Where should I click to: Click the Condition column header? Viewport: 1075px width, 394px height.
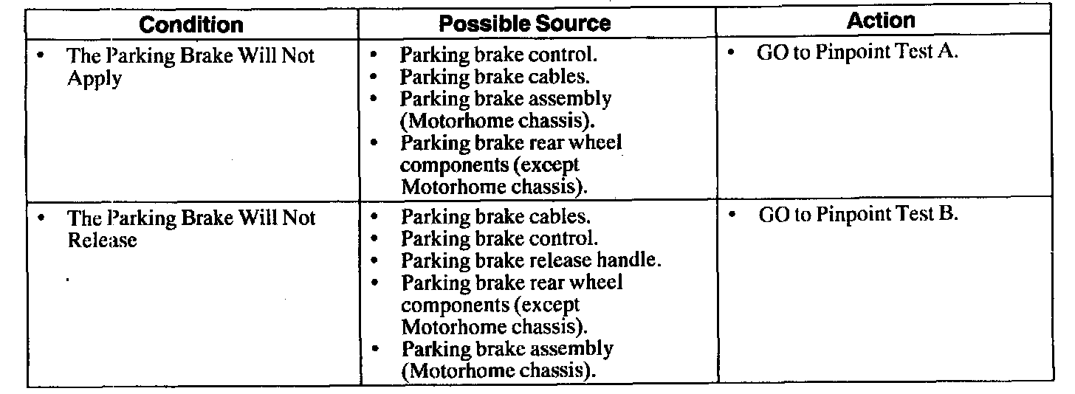click(191, 24)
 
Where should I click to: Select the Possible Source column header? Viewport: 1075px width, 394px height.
click(525, 24)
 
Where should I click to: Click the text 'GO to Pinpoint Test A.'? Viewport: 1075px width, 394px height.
click(857, 54)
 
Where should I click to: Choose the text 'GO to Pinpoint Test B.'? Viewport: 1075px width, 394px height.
click(858, 215)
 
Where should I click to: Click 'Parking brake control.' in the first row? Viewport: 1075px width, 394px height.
click(498, 55)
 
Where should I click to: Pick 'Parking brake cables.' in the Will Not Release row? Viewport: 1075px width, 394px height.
click(495, 218)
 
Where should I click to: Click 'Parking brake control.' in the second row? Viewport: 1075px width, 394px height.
click(499, 238)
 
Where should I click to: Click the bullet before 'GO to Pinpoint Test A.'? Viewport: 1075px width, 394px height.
click(732, 54)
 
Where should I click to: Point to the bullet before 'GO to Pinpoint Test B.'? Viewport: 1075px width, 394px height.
click(733, 215)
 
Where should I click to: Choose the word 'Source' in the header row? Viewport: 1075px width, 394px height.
click(574, 24)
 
